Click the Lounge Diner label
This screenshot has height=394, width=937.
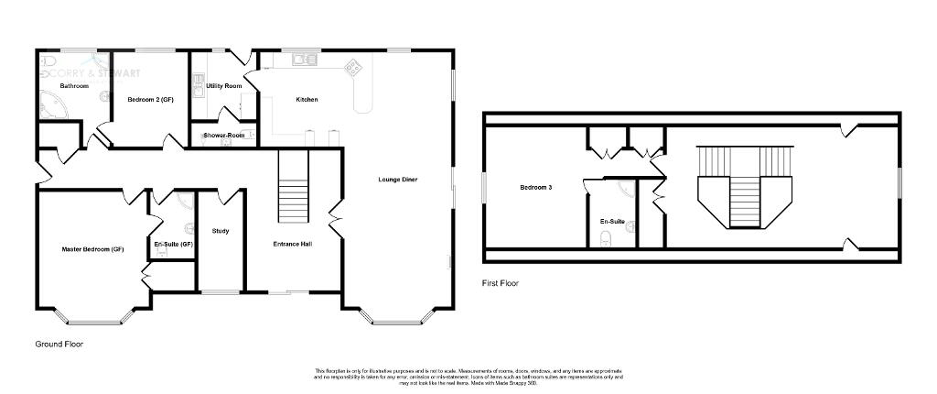(x=398, y=180)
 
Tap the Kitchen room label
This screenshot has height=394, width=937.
(x=306, y=99)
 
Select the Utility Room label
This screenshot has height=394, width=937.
(x=224, y=85)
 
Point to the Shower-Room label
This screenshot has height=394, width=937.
(x=222, y=136)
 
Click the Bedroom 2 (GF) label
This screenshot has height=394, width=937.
(x=150, y=99)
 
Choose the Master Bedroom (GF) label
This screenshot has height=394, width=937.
(x=92, y=249)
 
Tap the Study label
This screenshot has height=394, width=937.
(x=220, y=231)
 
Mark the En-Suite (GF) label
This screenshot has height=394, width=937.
(x=173, y=244)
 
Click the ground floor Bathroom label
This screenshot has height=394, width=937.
(x=74, y=86)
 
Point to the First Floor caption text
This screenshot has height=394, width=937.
(x=501, y=284)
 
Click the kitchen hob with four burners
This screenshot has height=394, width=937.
(x=352, y=66)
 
